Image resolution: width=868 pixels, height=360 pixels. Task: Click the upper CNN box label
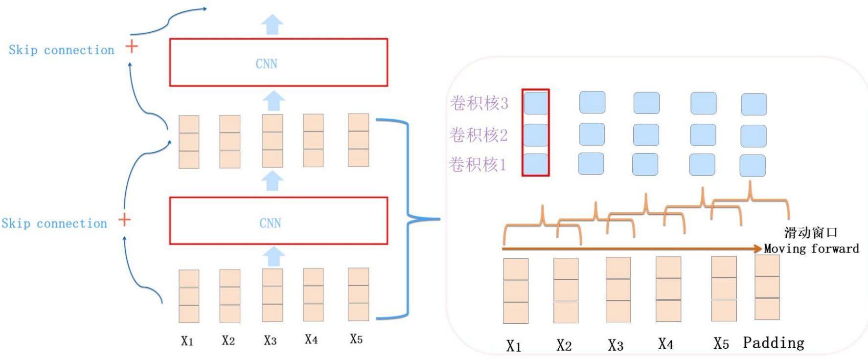(266, 64)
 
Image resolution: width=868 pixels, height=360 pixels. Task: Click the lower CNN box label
(270, 223)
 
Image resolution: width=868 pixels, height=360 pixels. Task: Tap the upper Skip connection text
(61, 50)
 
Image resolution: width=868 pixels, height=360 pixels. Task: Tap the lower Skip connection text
(54, 224)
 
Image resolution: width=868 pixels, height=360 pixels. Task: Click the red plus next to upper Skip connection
(132, 46)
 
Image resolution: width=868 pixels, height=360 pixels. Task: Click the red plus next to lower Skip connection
(125, 220)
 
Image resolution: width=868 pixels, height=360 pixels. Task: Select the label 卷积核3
(479, 103)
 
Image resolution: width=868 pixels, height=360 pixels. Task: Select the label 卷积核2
(478, 135)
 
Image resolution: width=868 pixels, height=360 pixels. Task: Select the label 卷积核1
(477, 164)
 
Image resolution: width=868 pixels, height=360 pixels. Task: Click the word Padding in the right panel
(773, 343)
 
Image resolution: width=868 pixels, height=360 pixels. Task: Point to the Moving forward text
(811, 248)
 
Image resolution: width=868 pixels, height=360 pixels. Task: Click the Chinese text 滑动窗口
(811, 233)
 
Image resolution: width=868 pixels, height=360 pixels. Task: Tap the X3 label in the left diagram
(270, 340)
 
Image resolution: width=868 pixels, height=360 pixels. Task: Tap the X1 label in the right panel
(513, 346)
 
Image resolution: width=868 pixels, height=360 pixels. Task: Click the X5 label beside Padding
(721, 343)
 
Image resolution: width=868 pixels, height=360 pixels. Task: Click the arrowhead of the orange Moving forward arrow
(758, 248)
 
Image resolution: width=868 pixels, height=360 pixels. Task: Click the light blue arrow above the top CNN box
(272, 24)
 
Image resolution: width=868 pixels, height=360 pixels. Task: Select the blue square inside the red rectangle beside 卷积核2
(536, 135)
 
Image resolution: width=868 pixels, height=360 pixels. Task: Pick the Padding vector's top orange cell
(767, 266)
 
